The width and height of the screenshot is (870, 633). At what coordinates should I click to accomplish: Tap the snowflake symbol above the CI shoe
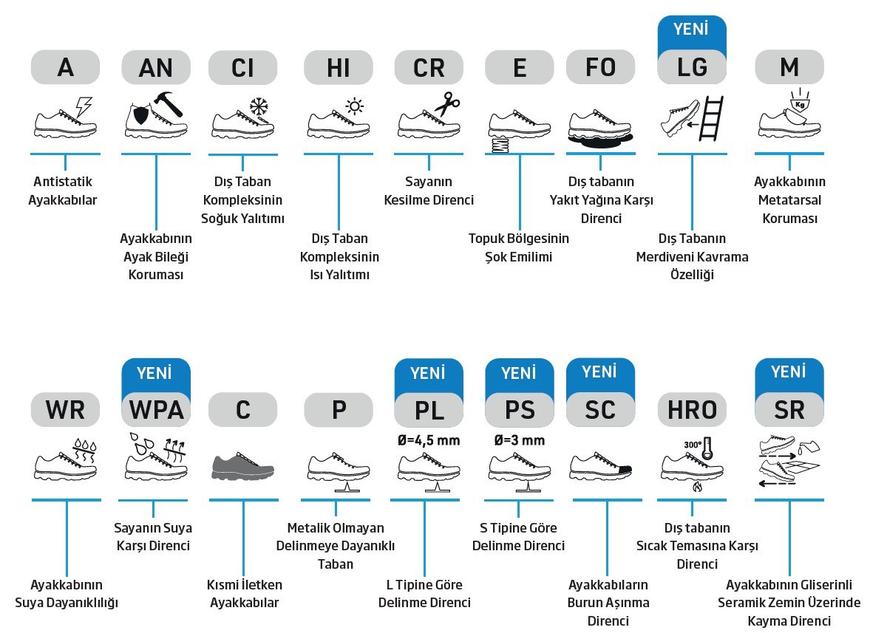click(259, 106)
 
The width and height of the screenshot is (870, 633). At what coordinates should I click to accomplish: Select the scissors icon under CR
click(447, 103)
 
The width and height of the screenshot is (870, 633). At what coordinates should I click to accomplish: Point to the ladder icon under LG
click(711, 117)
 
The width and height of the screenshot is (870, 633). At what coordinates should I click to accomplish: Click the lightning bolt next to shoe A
click(84, 106)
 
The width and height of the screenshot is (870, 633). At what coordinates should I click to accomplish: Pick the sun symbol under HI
click(355, 106)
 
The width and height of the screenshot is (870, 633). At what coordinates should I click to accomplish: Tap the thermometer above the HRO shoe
click(707, 448)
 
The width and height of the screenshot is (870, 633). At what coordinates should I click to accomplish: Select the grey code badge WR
click(66, 410)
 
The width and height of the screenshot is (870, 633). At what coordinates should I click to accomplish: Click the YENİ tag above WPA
click(156, 372)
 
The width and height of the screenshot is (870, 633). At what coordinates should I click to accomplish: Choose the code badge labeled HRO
click(692, 410)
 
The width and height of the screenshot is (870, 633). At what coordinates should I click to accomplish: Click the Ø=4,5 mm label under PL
click(429, 441)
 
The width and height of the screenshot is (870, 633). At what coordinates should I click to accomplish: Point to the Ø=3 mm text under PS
click(520, 441)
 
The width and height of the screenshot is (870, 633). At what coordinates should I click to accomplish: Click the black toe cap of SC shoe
click(625, 469)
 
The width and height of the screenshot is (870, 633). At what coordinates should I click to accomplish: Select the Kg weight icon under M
click(800, 103)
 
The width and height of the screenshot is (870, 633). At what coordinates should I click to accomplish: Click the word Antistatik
click(63, 181)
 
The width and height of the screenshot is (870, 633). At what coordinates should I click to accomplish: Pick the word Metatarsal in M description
click(789, 199)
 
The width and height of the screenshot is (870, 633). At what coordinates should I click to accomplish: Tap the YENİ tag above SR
click(789, 372)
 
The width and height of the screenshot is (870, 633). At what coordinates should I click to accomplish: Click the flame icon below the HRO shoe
click(698, 487)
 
